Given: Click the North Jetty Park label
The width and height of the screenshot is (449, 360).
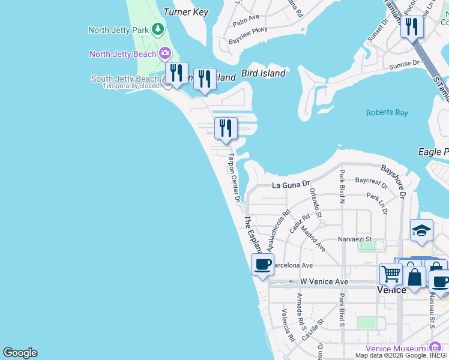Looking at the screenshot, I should click(118, 30).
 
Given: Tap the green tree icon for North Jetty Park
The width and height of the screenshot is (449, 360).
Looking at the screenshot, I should click(157, 29).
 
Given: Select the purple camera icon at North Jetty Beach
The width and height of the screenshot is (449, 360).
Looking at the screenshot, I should click(165, 54).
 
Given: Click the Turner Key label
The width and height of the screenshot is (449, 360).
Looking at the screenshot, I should click(185, 12).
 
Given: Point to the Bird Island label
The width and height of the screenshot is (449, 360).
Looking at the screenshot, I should click(264, 73).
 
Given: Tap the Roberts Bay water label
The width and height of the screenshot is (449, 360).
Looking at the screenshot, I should click(387, 112).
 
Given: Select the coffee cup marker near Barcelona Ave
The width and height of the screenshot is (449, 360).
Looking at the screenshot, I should click(262, 264).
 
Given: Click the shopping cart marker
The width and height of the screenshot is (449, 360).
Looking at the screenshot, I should click(391, 274).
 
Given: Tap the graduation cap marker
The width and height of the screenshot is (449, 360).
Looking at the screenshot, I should click(421, 230).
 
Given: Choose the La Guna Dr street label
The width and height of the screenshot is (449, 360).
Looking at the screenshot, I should click(291, 185).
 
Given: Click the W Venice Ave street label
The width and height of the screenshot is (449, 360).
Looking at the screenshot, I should click(324, 281).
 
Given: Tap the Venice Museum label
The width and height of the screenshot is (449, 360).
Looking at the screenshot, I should click(399, 349).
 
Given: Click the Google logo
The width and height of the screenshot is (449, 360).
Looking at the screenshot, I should click(20, 353).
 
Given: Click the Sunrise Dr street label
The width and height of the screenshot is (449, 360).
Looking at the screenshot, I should click(404, 64).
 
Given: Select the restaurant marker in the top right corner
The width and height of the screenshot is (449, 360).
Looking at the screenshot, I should click(411, 26).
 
